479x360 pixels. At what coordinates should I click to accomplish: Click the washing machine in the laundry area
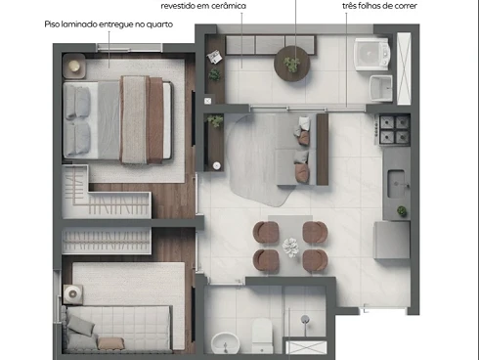coord(371,55)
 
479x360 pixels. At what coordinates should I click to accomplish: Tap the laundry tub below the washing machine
coord(381,88)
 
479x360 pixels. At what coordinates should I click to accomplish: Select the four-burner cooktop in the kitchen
coord(394,130)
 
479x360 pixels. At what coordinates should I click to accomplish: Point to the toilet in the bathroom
coord(262,336)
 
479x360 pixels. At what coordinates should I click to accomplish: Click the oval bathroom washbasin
coord(225,343)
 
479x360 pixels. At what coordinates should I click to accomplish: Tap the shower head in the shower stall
coord(305,319)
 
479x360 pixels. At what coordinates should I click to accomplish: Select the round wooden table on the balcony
coord(291,64)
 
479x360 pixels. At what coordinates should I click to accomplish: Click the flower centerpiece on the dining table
coord(290,247)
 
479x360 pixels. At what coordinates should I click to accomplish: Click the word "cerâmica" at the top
coord(229,6)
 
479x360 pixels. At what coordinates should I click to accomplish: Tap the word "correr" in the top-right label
coord(406,6)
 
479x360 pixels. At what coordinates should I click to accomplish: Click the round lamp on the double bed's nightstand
coord(74,67)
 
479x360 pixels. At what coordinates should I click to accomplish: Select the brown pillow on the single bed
coord(110,343)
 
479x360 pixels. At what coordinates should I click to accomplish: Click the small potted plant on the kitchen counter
coord(402,211)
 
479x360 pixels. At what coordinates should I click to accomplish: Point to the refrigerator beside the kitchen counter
coord(392,240)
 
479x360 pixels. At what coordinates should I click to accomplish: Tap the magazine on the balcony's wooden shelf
coord(214,57)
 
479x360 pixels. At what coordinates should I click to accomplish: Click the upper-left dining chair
coord(266,232)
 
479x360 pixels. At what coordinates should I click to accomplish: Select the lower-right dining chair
coord(315,260)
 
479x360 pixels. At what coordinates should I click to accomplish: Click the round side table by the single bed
coord(72,294)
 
